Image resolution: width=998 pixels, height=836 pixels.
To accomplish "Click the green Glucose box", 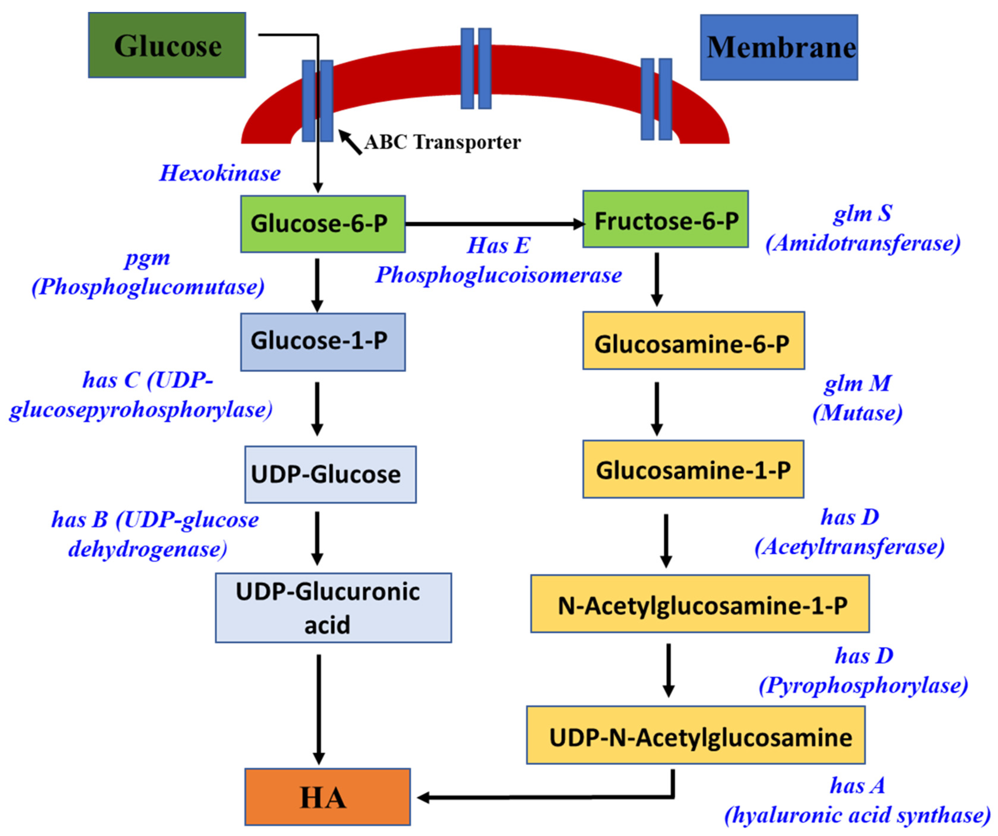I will pos(167,45).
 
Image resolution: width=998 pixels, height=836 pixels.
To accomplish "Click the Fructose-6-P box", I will pos(665,219).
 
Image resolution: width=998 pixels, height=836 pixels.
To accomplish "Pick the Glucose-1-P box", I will pos(323,342).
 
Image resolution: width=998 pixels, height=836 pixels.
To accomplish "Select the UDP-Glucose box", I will pos(330,474).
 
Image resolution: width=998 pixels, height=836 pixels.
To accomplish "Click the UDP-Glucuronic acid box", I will pos(333,608).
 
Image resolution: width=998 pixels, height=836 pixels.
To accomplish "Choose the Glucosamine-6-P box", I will pos(693,340).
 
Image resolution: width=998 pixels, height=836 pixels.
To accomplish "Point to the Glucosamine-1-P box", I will pos(693,469).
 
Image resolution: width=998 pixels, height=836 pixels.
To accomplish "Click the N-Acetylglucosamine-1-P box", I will pos(699,603).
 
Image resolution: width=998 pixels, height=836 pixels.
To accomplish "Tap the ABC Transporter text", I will pos(443,142).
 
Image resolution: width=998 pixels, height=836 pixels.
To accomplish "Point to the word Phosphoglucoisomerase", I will pos(498,275).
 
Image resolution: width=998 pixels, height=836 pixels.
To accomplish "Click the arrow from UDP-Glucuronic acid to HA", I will pos(318,708).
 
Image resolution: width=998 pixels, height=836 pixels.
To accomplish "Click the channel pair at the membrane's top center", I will pos(476,68).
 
